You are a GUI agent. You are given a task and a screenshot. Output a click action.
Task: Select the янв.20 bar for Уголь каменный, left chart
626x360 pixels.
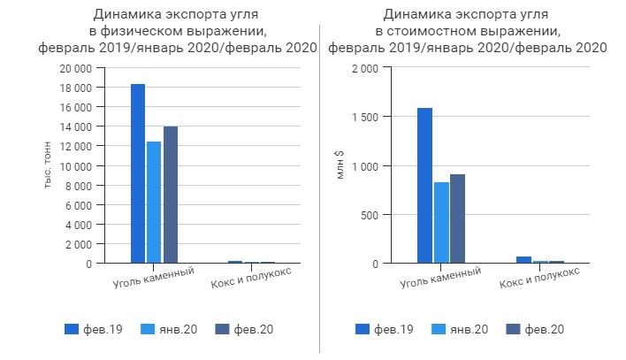pos(155,203)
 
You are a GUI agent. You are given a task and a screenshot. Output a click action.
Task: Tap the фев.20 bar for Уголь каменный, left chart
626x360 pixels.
pos(171,195)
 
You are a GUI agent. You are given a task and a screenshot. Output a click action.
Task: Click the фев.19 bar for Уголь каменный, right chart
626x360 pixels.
pos(425,186)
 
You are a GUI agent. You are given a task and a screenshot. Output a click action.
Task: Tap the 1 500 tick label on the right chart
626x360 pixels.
pos(368,118)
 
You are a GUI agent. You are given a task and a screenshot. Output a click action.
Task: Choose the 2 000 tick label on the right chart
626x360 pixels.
pos(368,69)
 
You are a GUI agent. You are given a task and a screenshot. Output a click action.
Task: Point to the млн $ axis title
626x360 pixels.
pos(340,165)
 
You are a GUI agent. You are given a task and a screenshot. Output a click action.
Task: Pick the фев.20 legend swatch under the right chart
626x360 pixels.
pos(513,329)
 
